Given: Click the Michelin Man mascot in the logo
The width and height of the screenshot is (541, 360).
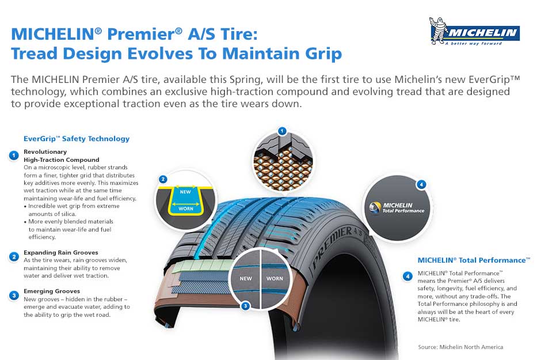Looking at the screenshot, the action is tap(437, 31).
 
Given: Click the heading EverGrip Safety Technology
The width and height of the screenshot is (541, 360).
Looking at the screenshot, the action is tap(77, 139).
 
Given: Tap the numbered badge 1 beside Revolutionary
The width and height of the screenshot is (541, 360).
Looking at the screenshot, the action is tap(14, 156).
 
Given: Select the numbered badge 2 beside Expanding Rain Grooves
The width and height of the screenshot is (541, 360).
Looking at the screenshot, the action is tap(14, 257).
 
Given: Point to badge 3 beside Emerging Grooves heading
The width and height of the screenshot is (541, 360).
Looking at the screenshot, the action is tap(14, 295).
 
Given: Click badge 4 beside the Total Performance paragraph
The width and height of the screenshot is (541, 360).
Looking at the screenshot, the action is tap(408, 276).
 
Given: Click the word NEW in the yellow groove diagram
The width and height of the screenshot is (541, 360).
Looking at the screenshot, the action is tap(185, 192).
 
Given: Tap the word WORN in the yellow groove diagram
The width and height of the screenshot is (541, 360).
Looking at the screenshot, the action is tap(186, 209).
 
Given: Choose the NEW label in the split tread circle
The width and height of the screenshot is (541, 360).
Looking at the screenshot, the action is tap(246, 279).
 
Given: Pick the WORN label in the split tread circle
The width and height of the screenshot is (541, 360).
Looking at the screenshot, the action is tap(275, 279).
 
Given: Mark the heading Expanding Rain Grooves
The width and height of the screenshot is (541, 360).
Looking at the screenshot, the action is tap(61, 253).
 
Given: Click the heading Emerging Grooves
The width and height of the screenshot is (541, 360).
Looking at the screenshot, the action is tap(52, 291).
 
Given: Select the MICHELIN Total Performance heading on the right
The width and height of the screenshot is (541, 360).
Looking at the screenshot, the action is tap(474, 260).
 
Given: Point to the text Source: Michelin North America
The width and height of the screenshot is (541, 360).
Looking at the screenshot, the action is tap(460, 347).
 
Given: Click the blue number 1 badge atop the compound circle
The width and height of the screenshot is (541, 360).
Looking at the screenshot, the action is tap(282, 131).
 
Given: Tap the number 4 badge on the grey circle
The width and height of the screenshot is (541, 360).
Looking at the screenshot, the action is tap(421, 185).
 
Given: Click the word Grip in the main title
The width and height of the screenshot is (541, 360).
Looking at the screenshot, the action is tap(323, 54).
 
